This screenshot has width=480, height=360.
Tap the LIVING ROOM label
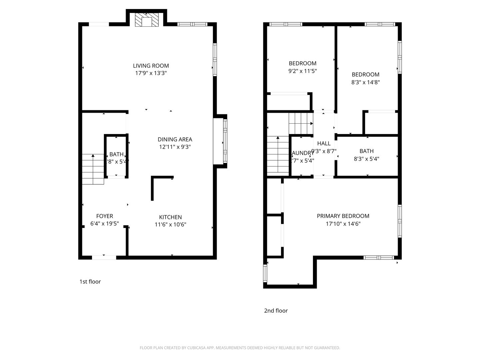(x=151, y=66)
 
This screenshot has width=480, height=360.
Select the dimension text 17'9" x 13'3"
(x=151, y=73)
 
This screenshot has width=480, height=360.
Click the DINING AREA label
(x=175, y=139)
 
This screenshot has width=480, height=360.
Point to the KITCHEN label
(x=170, y=217)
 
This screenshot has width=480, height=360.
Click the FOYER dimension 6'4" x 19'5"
(x=104, y=224)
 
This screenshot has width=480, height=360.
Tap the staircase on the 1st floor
(x=93, y=169)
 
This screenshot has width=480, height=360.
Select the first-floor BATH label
(x=116, y=154)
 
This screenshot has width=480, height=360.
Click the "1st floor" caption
(x=90, y=282)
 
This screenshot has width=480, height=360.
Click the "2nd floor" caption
(x=276, y=311)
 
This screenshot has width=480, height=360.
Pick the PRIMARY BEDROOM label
(x=343, y=216)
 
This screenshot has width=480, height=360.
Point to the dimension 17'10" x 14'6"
(x=343, y=224)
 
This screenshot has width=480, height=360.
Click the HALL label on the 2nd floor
(x=324, y=143)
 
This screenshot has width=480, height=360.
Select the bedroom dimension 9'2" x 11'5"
(x=302, y=71)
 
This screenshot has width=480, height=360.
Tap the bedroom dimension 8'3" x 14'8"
(x=365, y=82)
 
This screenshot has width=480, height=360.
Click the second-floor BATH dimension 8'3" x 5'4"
(x=366, y=159)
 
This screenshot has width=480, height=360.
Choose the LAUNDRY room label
(x=303, y=153)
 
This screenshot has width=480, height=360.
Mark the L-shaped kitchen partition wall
(x=153, y=187)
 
